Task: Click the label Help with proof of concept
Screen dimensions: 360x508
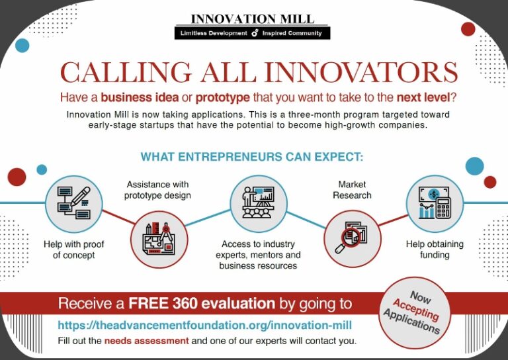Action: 73,249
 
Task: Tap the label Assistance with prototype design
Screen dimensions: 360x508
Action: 157,189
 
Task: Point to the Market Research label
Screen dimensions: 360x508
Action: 351,189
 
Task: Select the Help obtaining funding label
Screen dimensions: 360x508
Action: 435,249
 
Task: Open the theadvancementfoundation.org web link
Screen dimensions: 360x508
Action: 204,325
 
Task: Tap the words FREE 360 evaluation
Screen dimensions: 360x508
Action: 202,304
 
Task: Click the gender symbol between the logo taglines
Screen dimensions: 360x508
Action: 255,33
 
